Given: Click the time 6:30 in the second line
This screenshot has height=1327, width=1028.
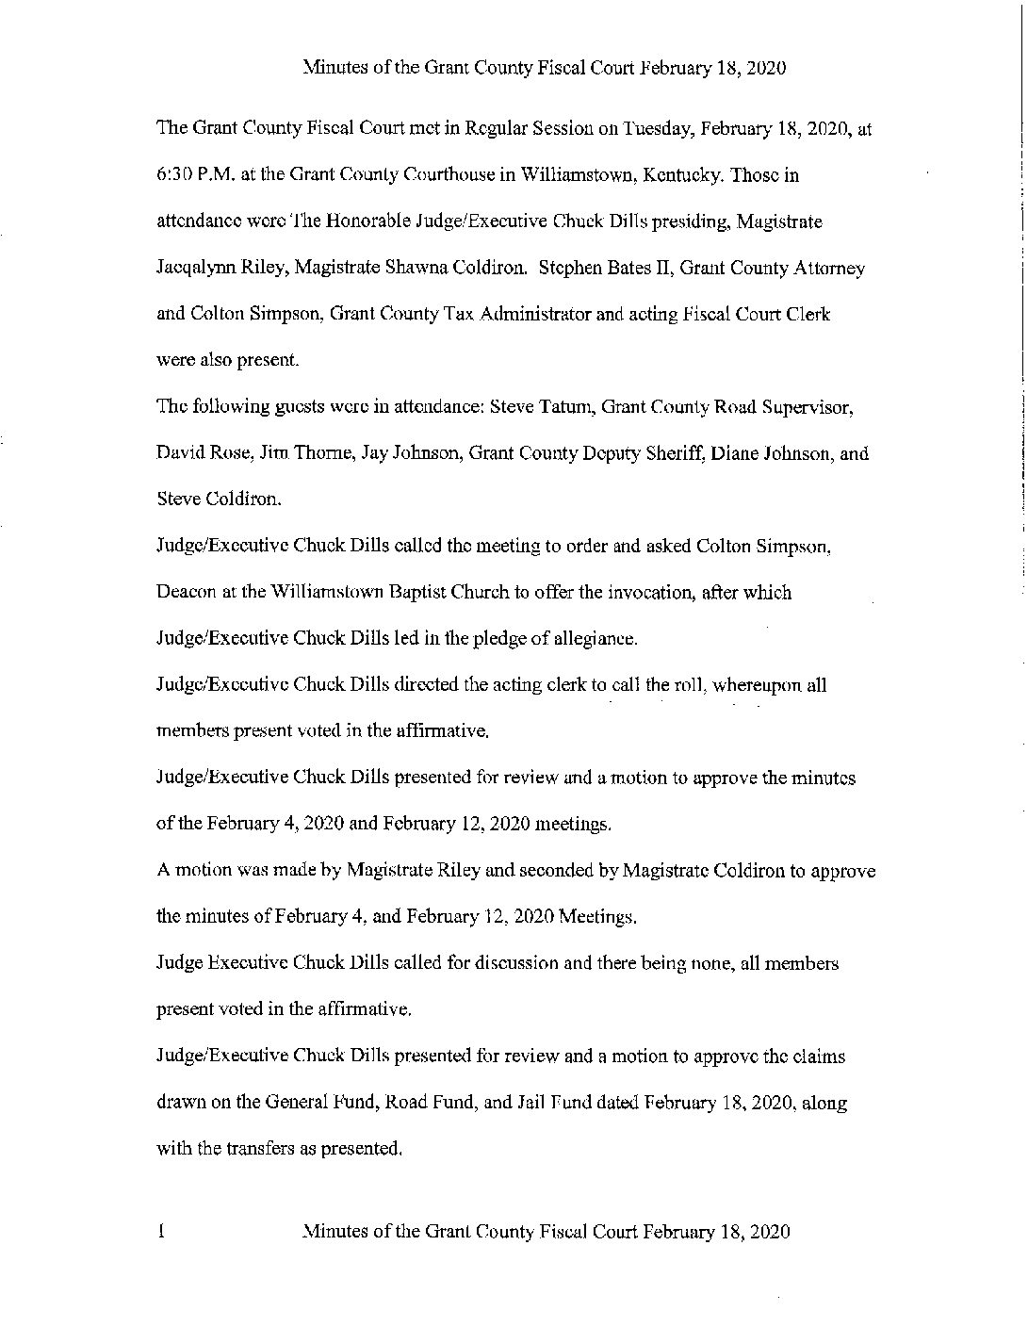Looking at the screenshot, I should (172, 175).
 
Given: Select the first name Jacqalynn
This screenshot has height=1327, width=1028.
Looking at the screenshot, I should (193, 269).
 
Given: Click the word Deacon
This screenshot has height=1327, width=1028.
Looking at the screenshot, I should (186, 593).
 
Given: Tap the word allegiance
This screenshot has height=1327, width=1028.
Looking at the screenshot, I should (590, 639).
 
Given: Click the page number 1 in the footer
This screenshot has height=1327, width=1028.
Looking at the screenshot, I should (161, 1231).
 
